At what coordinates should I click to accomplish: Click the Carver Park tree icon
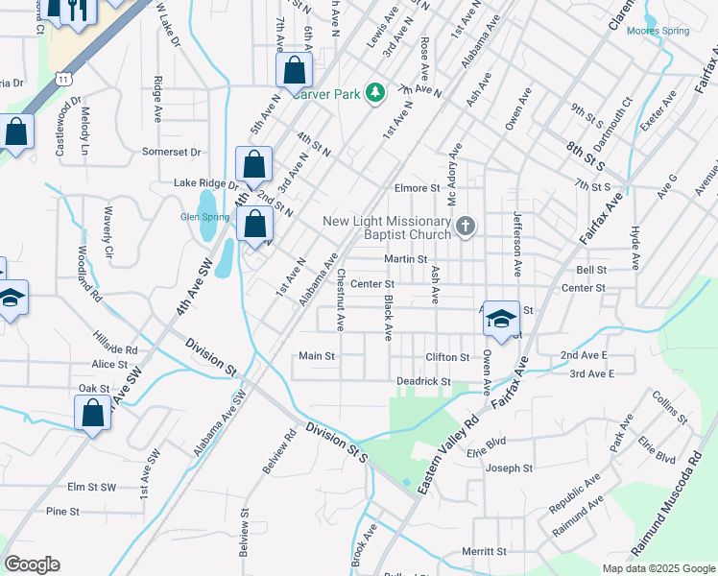pos(377,93)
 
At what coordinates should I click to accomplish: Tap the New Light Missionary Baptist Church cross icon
pos(465,228)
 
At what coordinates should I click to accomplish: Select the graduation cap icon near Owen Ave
pos(501,318)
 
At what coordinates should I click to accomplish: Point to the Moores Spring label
pos(658,31)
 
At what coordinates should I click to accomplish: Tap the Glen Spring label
pos(204,217)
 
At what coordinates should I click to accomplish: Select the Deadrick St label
pos(423,381)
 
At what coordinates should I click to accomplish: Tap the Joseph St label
pos(508,468)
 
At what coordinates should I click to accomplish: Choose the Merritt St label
pos(483,551)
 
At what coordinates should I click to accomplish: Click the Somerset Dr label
pos(171,152)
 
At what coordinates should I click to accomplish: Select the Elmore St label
pos(416,188)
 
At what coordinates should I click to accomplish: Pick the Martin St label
pos(405,259)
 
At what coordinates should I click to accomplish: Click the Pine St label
pos(62,512)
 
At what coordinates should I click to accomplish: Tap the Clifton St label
pos(447,356)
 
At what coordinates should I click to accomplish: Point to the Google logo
pos(32,564)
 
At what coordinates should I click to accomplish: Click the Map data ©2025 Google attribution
pos(658,568)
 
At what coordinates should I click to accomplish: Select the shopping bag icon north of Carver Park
pos(294,70)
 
